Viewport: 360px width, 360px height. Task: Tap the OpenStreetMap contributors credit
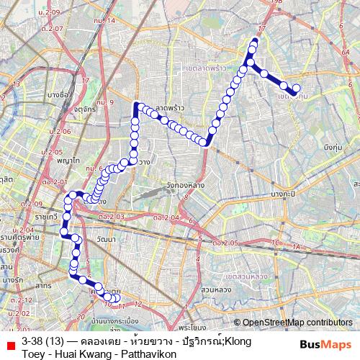pos(297,323)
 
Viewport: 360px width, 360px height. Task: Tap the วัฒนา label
pos(105,238)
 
